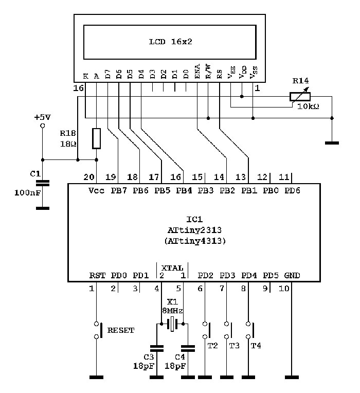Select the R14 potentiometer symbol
(x=300, y=96)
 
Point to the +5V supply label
(x=42, y=117)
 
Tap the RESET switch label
(x=121, y=330)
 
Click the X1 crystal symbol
(x=173, y=325)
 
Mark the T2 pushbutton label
(x=212, y=346)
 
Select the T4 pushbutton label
(x=256, y=346)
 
